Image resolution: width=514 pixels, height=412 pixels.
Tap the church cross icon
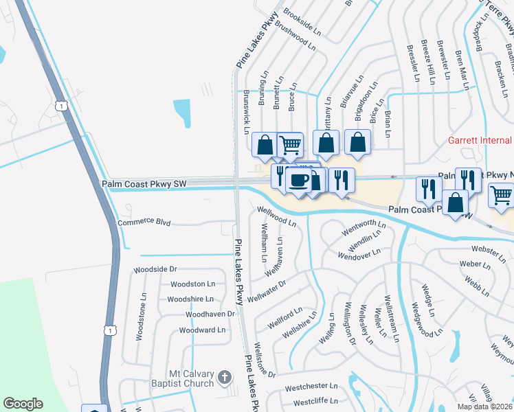[224, 376]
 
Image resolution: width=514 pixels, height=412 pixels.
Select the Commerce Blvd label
[144, 222]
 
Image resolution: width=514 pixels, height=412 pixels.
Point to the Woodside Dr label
[155, 269]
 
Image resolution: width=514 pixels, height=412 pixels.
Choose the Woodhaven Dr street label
[210, 314]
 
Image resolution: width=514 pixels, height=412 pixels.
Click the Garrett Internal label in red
[480, 141]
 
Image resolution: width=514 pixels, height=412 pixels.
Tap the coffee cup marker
[298, 181]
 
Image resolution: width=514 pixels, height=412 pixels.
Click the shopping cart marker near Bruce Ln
[291, 144]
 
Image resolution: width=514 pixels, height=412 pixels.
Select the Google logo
[23, 404]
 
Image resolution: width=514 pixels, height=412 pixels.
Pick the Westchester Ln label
[312, 387]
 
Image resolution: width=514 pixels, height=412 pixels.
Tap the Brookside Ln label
[302, 22]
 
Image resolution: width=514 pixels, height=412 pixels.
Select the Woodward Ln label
[202, 330]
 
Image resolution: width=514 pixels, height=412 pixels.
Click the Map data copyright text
[484, 407]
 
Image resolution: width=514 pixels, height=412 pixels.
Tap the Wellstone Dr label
[264, 360]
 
